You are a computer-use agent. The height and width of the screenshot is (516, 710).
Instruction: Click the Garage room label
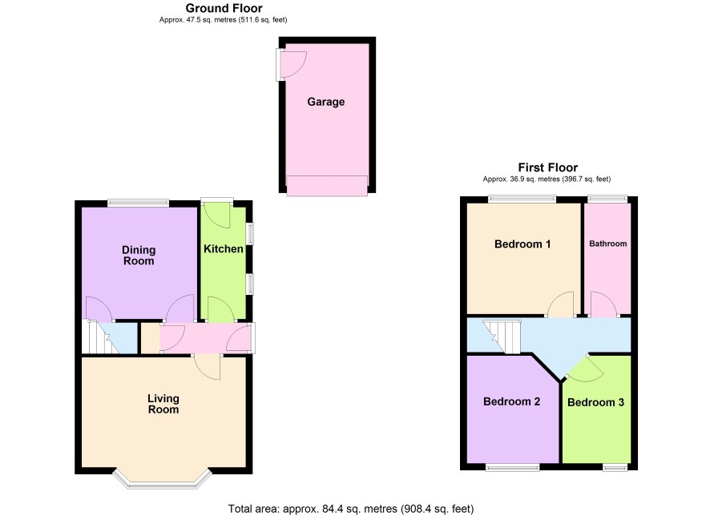pyautogui.click(x=326, y=102)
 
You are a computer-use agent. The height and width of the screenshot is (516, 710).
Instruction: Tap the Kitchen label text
pyautogui.click(x=224, y=248)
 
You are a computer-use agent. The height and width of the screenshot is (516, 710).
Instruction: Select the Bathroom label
pyautogui.click(x=607, y=244)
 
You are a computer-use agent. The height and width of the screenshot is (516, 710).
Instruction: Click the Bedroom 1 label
pyautogui.click(x=522, y=244)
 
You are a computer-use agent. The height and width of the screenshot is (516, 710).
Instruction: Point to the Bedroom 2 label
pyautogui.click(x=512, y=401)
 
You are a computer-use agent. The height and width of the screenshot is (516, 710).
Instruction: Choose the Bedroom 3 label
pyautogui.click(x=595, y=402)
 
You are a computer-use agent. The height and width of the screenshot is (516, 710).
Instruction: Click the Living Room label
pyautogui.click(x=163, y=404)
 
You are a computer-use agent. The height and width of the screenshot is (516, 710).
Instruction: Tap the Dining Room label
pyautogui.click(x=139, y=256)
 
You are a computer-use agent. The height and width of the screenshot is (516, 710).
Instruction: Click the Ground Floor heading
pyautogui.click(x=224, y=8)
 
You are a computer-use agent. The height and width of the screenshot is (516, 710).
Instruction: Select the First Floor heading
pyautogui.click(x=548, y=167)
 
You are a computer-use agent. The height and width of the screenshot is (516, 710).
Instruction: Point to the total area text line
pyautogui.click(x=351, y=509)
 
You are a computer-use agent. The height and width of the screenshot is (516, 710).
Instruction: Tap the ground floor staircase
pyautogui.click(x=100, y=337)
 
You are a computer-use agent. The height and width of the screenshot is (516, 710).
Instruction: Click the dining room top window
pyautogui.click(x=138, y=204)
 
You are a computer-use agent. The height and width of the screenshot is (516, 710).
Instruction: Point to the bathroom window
pyautogui.click(x=607, y=199)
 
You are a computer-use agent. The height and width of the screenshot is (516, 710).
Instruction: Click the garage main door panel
pyautogui.click(x=327, y=186)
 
